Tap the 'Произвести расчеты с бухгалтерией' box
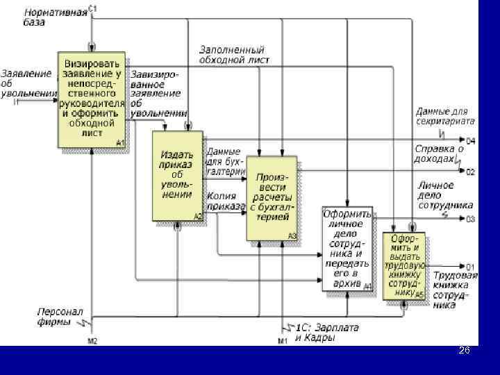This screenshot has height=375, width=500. click(x=272, y=198)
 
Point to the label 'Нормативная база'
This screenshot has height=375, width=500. click(x=56, y=17)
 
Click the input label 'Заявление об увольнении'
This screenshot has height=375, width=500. click(x=27, y=83)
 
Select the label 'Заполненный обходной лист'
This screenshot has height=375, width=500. click(x=233, y=55)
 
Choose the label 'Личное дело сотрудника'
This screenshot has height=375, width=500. click(x=445, y=195)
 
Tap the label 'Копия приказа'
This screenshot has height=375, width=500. click(x=226, y=201)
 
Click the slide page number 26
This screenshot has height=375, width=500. click(x=464, y=352)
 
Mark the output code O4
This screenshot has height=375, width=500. click(x=470, y=141)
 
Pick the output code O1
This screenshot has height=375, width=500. click(x=470, y=267)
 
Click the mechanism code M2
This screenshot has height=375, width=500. click(x=92, y=340)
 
